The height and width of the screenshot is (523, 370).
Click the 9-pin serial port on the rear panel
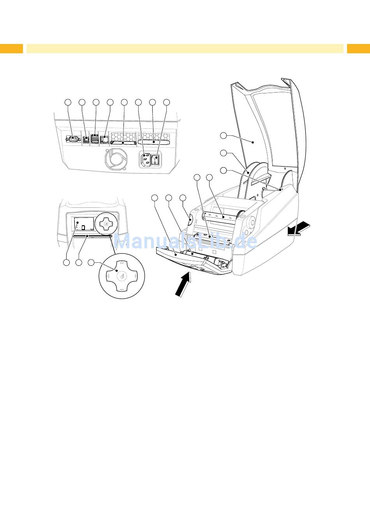(72, 139)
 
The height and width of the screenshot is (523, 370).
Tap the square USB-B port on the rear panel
(86, 139)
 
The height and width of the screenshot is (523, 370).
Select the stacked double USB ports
(95, 139)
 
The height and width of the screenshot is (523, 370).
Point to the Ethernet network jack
(104, 139)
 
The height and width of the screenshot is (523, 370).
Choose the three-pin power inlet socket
(144, 160)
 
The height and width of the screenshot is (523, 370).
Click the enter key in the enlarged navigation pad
(122, 276)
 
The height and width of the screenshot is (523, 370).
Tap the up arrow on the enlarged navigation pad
(122, 263)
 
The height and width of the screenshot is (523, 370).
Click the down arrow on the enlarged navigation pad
(122, 290)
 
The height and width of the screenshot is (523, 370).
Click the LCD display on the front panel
(84, 225)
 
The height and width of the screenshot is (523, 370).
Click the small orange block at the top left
(11, 49)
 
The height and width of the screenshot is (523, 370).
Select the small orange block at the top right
(358, 49)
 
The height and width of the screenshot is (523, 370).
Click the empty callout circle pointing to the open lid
(223, 136)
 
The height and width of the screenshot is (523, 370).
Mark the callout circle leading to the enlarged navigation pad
(91, 263)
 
